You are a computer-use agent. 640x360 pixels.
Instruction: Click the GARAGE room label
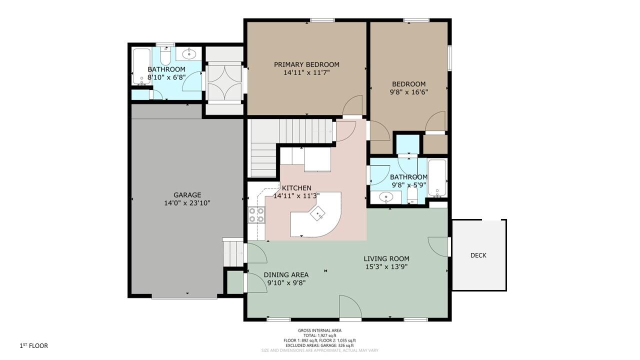pyautogui.click(x=187, y=195)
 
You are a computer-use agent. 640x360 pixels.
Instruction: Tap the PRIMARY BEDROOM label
pyautogui.click(x=306, y=64)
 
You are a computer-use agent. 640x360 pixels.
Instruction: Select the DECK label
pyautogui.click(x=478, y=255)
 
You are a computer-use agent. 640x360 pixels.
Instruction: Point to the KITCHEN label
pyautogui.click(x=296, y=188)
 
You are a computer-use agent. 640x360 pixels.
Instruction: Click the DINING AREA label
pyautogui.click(x=286, y=275)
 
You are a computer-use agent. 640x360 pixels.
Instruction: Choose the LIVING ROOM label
pyautogui.click(x=386, y=259)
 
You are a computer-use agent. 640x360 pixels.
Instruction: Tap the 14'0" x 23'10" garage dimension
pyautogui.click(x=187, y=203)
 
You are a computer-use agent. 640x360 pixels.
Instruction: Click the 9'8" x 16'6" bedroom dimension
pyautogui.click(x=409, y=92)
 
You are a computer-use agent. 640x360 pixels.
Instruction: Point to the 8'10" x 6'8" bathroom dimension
pyautogui.click(x=166, y=77)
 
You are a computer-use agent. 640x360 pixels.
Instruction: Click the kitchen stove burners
pyautogui.click(x=256, y=215)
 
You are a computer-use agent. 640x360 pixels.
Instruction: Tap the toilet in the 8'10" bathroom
pyautogui.click(x=165, y=55)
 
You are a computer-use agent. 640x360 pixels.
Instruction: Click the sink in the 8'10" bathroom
pyautogui.click(x=189, y=53)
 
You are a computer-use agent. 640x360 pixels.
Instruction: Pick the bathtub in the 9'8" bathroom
pyautogui.click(x=437, y=178)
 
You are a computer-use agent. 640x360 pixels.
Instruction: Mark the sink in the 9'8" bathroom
pyautogui.click(x=386, y=197)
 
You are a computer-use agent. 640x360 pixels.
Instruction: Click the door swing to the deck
pyautogui.click(x=437, y=247)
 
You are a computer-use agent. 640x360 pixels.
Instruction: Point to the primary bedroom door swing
pyautogui.click(x=352, y=105)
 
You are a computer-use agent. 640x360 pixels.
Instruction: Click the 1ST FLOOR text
pyautogui.click(x=33, y=345)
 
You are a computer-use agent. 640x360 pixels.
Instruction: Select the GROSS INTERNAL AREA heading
pyautogui.click(x=319, y=330)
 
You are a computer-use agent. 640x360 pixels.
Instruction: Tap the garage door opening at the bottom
pyautogui.click(x=184, y=297)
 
